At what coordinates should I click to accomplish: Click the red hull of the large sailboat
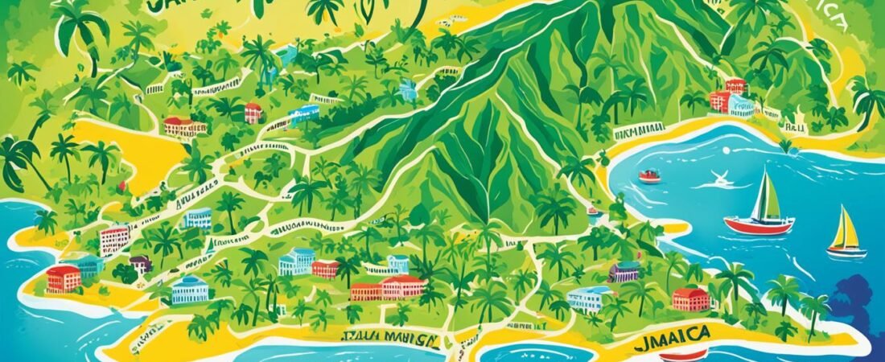pyautogui.click(x=758, y=226)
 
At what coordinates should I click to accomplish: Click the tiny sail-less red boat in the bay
pyautogui.click(x=650, y=176)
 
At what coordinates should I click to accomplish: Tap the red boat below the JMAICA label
pyautogui.click(x=685, y=354)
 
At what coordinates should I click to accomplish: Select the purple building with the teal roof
pyautogui.click(x=625, y=271)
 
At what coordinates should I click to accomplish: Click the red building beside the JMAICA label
pyautogui.click(x=691, y=298)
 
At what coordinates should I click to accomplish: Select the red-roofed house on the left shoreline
pyautogui.click(x=64, y=278)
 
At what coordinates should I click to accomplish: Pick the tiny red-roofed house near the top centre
pyautogui.click(x=254, y=112)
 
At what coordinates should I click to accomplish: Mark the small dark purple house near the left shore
pyautogui.click(x=141, y=264)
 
